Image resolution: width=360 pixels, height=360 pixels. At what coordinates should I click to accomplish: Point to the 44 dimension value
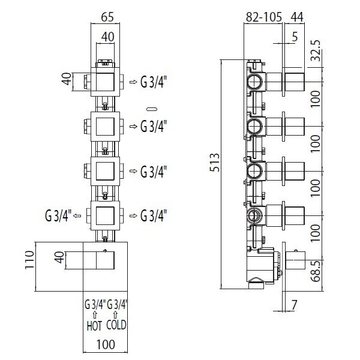tap(296, 17)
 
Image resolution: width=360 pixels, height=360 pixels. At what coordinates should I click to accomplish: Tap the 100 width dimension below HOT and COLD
tap(106, 346)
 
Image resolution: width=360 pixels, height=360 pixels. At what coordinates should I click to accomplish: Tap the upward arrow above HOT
tap(94, 316)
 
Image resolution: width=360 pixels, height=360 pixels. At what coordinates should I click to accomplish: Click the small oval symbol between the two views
tap(152, 109)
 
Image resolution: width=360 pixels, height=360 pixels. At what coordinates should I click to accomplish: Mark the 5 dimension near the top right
tap(295, 37)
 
